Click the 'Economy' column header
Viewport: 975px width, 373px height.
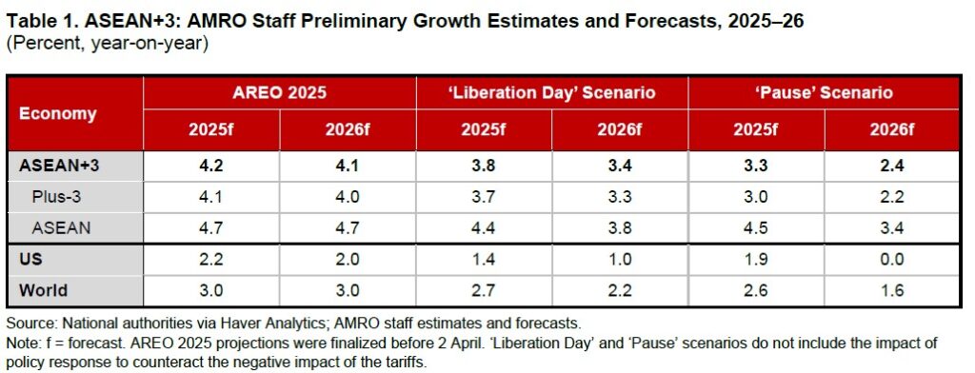[x=58, y=114]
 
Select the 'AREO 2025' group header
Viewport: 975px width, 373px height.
[x=279, y=93]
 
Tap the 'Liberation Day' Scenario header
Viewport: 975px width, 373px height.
[x=551, y=93]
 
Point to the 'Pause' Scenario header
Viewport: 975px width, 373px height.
[x=824, y=93]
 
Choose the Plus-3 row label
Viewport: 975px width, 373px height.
[x=57, y=197]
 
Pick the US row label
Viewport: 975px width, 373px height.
[x=31, y=259]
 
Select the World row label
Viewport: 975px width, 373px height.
[x=43, y=290]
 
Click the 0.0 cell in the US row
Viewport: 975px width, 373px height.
[x=891, y=259]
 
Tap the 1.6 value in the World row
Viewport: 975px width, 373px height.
[x=891, y=290]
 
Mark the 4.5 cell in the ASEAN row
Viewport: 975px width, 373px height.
[x=755, y=228]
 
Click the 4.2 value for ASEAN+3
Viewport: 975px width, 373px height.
[x=211, y=166]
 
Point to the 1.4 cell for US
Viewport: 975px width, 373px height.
[x=483, y=259]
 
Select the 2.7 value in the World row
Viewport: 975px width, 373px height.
[x=483, y=290]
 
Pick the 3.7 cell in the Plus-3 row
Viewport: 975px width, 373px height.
[x=483, y=197]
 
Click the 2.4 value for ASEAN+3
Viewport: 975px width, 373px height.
[x=891, y=166]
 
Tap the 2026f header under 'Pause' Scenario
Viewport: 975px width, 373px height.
[x=891, y=130]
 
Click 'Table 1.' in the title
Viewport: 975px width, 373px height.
[x=41, y=22]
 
